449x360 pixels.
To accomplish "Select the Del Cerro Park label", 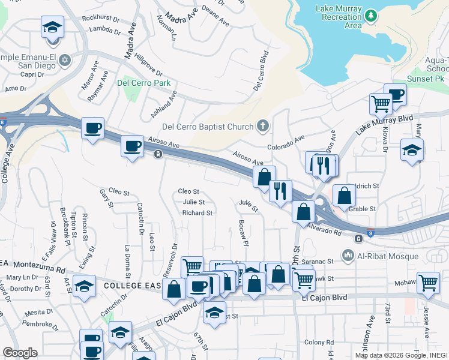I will [x=143, y=83].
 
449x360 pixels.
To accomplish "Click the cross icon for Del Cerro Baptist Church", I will [x=262, y=126].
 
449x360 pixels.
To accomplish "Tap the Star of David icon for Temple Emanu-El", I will [x=64, y=60].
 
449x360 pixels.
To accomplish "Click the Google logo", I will [x=20, y=353].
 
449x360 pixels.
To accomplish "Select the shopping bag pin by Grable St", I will [x=343, y=196].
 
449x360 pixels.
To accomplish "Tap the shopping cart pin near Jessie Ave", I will [x=428, y=282].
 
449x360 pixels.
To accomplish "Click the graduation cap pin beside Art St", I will [x=85, y=287].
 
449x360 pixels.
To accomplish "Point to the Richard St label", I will [x=197, y=212].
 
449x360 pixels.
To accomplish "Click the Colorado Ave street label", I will [x=286, y=143].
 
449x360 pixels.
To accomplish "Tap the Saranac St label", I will [x=318, y=261].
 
